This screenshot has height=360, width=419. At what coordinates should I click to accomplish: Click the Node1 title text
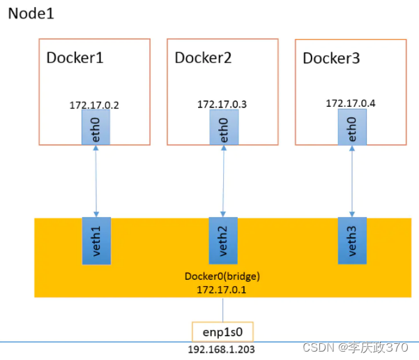tap(31, 13)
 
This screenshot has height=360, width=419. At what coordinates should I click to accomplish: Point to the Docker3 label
tap(331, 58)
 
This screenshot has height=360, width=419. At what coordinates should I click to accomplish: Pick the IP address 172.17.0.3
tap(222, 105)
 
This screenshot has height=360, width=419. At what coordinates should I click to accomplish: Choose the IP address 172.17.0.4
tap(350, 103)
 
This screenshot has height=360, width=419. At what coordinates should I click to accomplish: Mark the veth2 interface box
tap(223, 240)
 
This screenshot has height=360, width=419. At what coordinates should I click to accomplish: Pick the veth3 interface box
tap(352, 240)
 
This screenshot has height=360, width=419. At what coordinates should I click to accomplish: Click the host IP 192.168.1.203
tap(222, 348)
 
